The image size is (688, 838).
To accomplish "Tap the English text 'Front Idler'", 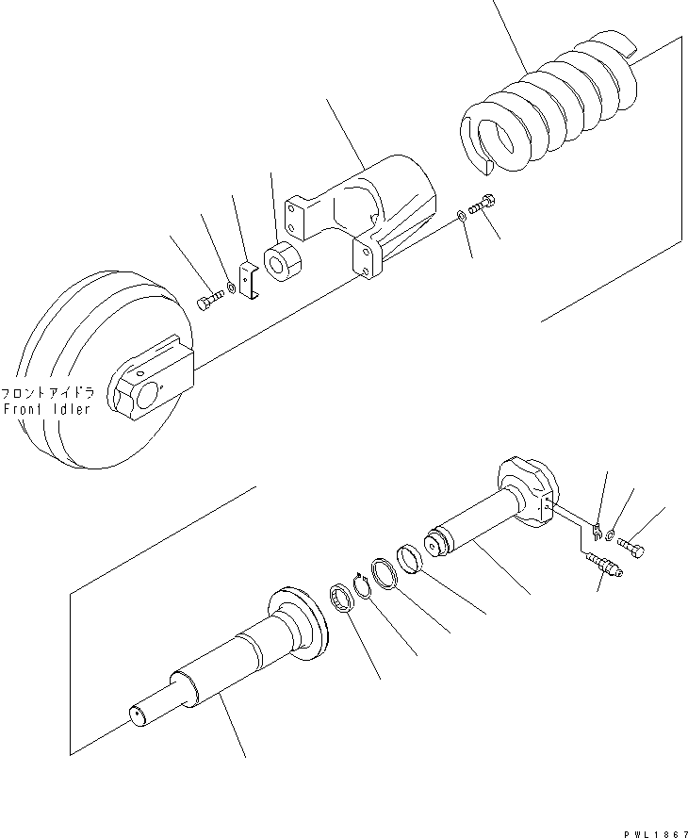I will (x=47, y=409).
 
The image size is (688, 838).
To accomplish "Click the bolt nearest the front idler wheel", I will (x=209, y=301).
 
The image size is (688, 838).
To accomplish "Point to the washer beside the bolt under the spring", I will (x=460, y=216).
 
